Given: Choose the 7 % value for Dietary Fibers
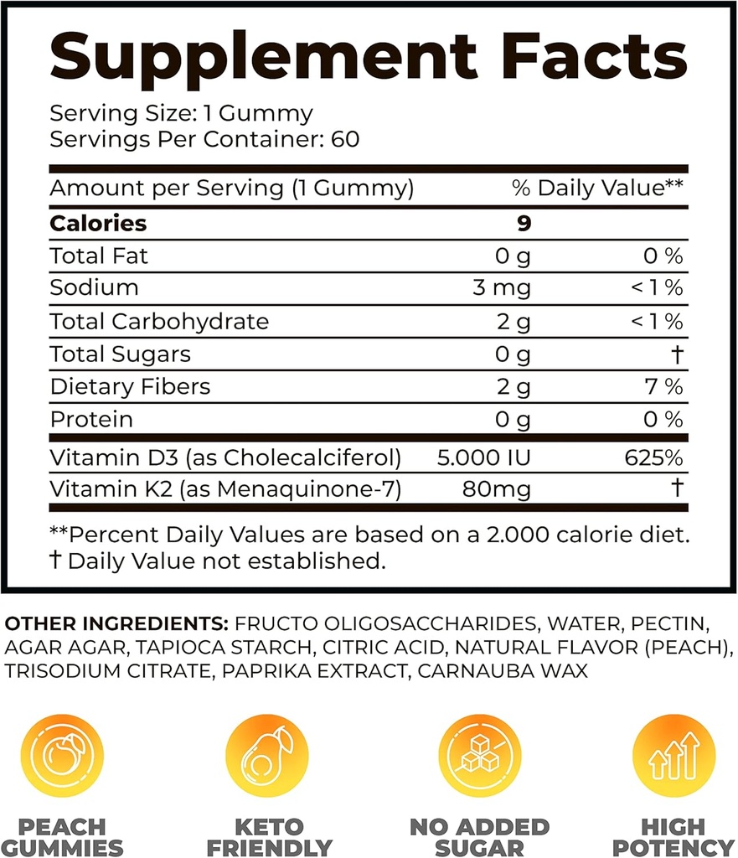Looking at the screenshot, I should (662, 387).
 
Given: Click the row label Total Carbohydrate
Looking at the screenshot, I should (159, 322).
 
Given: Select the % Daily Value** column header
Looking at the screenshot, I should (599, 189).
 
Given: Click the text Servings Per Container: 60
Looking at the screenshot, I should (204, 138).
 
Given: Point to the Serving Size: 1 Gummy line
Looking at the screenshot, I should (181, 113).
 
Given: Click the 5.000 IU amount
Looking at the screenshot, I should (485, 458).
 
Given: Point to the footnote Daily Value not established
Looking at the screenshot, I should (226, 561).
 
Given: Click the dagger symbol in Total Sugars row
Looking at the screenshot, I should (677, 354).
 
